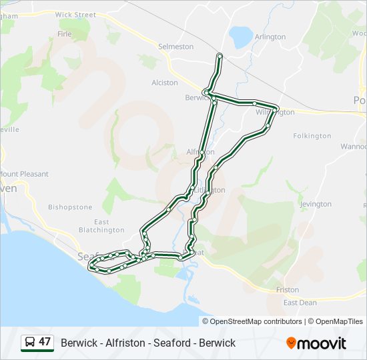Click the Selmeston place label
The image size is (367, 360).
coord(175,47)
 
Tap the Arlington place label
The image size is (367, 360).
coord(270,37)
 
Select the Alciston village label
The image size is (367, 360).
coord(165,83)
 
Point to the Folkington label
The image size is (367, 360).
coord(312,136)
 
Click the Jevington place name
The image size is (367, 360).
coord(316,204)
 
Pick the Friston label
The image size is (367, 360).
coord(288,290)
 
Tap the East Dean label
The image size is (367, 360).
coord(300,303)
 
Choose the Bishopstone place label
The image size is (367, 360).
coord(70,207)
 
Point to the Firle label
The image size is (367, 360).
coord(65,33)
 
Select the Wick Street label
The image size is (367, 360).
coord(75,15)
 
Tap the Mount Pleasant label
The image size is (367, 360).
coord(25,174)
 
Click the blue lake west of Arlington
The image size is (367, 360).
coord(240,36)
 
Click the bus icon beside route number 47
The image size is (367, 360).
coord(29,343)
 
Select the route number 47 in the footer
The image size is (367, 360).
coord(45,342)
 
